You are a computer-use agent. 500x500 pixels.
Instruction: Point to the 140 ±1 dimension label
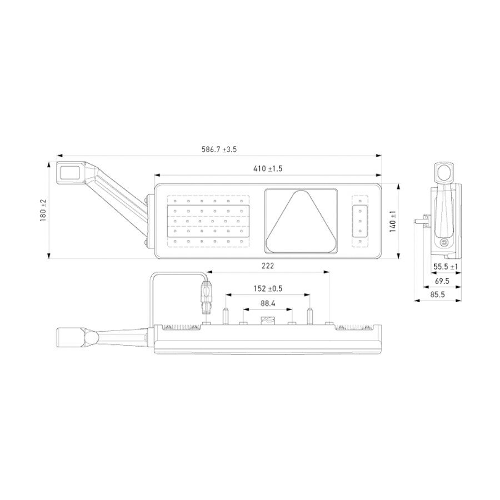pyautogui.click(x=393, y=221)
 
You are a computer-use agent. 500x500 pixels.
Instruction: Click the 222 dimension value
pyautogui.click(x=268, y=267)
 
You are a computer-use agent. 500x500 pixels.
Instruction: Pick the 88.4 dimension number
pyautogui.click(x=268, y=304)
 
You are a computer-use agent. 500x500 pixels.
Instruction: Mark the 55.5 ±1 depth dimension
pyautogui.click(x=446, y=267)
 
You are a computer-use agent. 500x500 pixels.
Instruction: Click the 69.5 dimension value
pyautogui.click(x=442, y=282)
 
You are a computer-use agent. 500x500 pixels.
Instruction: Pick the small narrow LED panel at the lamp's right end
pyautogui.click(x=360, y=221)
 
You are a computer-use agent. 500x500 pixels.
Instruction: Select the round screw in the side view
pyautogui.click(x=444, y=242)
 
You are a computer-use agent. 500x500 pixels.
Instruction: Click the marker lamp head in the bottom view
pyautogui.click(x=71, y=337)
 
